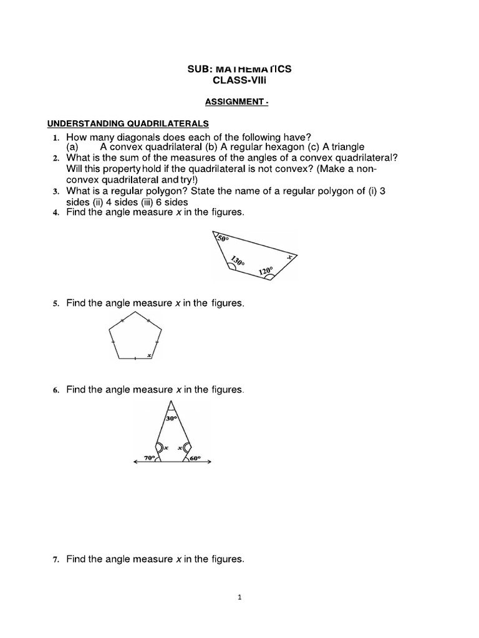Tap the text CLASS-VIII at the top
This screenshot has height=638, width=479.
pos(239,81)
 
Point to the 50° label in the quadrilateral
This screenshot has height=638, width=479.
pos(223,239)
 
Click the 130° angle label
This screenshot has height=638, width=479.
pos(238,260)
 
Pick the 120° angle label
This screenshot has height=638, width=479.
pos(266,271)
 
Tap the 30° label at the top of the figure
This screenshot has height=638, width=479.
pos(172,419)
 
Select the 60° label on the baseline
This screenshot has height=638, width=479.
pos(195,458)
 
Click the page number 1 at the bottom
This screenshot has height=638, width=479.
pos(239,597)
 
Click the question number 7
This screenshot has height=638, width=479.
pos(55,560)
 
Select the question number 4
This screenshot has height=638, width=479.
pos(55,213)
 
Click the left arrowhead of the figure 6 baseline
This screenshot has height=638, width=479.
pos(136,462)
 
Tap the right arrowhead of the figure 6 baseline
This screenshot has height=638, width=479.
pos(210,462)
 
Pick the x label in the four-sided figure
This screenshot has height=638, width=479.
pos(289,256)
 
